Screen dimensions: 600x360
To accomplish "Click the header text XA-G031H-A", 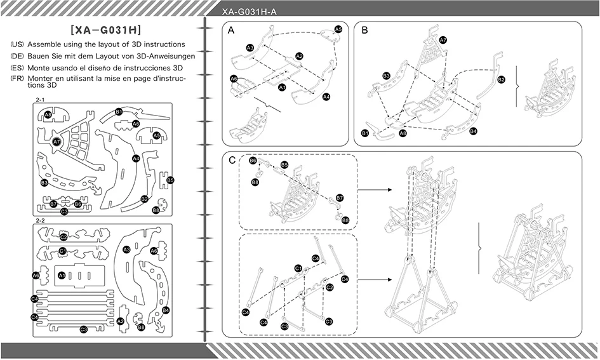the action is coord(249,12).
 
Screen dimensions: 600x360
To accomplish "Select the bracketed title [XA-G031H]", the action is coord(106,30).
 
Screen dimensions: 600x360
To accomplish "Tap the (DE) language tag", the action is coord(17,57).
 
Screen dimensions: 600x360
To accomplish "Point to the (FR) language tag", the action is coord(17,79).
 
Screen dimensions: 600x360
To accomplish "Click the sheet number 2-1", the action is coord(40,100).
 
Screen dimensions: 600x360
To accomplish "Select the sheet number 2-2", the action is coord(40,221).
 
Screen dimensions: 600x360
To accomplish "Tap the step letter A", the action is coord(230,30).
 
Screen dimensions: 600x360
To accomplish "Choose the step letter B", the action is coord(364,30).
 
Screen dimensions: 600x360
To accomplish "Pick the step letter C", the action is coord(232,160).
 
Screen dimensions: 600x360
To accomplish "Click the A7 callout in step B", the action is coord(443,40).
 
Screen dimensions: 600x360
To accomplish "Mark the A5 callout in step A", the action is coord(338,29).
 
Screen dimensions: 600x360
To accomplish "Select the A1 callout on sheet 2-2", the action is coord(62,275).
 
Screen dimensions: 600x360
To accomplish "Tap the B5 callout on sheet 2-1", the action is coord(170,180).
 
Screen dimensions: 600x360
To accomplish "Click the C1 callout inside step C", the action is coord(298,268).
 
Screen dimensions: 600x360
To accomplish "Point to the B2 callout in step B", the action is coord(502,79).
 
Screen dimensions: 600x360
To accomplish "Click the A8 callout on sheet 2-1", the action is coord(48,114).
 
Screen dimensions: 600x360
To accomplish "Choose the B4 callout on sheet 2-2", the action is coord(166,310).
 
